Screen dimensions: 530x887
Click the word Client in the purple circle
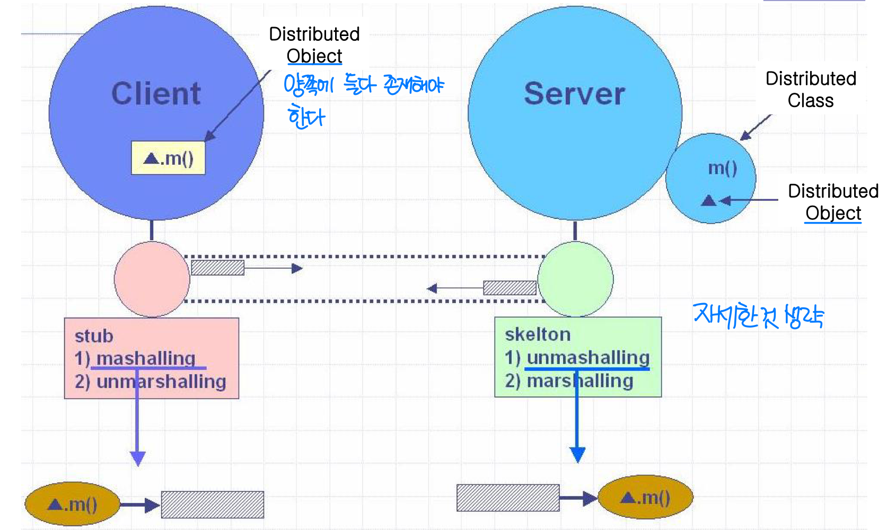coord(156,94)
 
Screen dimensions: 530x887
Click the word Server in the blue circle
coord(575,94)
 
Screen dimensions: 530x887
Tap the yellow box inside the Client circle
coord(168,158)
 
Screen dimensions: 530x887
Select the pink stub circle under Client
coord(152,279)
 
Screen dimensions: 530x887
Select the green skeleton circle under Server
coord(575,279)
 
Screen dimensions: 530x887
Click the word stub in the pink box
coord(94,336)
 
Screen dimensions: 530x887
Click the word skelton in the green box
coord(538,334)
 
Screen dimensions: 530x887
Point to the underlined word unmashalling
coord(588,358)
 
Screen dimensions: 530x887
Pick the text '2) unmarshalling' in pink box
coord(151,382)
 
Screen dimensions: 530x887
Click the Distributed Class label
coord(811,90)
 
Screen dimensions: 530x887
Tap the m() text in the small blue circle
coord(723,168)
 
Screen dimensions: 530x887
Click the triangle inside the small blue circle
coord(708,200)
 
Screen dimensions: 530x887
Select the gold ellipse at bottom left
coord(73,504)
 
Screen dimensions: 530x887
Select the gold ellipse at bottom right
coord(645,498)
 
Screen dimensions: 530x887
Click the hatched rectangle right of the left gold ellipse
coord(213,505)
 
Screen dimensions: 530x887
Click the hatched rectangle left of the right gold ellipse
coord(508,498)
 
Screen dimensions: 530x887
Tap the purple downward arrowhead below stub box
coord(138,458)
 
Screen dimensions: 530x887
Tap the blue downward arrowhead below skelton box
coord(577,455)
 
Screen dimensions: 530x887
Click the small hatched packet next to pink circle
coord(217,268)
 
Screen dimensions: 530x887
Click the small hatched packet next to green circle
coord(510,288)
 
